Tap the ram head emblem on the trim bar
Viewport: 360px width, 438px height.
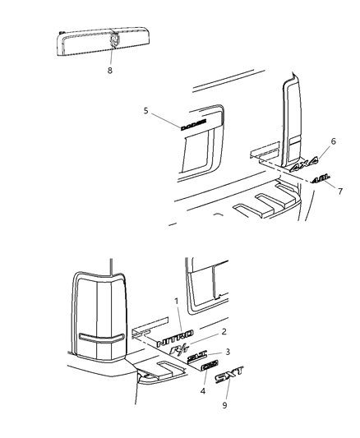[113, 39]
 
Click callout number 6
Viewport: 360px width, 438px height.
[332, 142]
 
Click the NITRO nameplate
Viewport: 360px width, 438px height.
[177, 336]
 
